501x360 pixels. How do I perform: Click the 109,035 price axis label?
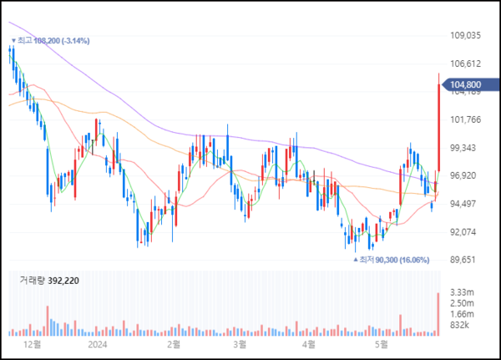[466, 36]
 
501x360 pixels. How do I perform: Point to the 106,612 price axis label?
[466, 63]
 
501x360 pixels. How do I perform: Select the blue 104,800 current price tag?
[468, 84]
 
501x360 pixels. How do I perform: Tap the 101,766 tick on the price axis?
[466, 119]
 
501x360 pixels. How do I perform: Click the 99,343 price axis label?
[465, 148]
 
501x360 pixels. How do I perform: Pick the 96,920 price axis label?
[465, 175]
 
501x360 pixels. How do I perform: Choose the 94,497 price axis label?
[465, 204]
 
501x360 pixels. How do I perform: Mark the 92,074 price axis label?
[465, 231]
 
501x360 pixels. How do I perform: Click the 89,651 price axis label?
[465, 260]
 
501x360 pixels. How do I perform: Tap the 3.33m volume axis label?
[462, 292]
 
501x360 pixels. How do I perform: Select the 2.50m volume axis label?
[462, 302]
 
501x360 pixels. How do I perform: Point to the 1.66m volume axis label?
[462, 313]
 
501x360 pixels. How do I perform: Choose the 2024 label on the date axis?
[99, 343]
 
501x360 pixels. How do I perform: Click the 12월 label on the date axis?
[33, 343]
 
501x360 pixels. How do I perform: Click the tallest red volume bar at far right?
[438, 314]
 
